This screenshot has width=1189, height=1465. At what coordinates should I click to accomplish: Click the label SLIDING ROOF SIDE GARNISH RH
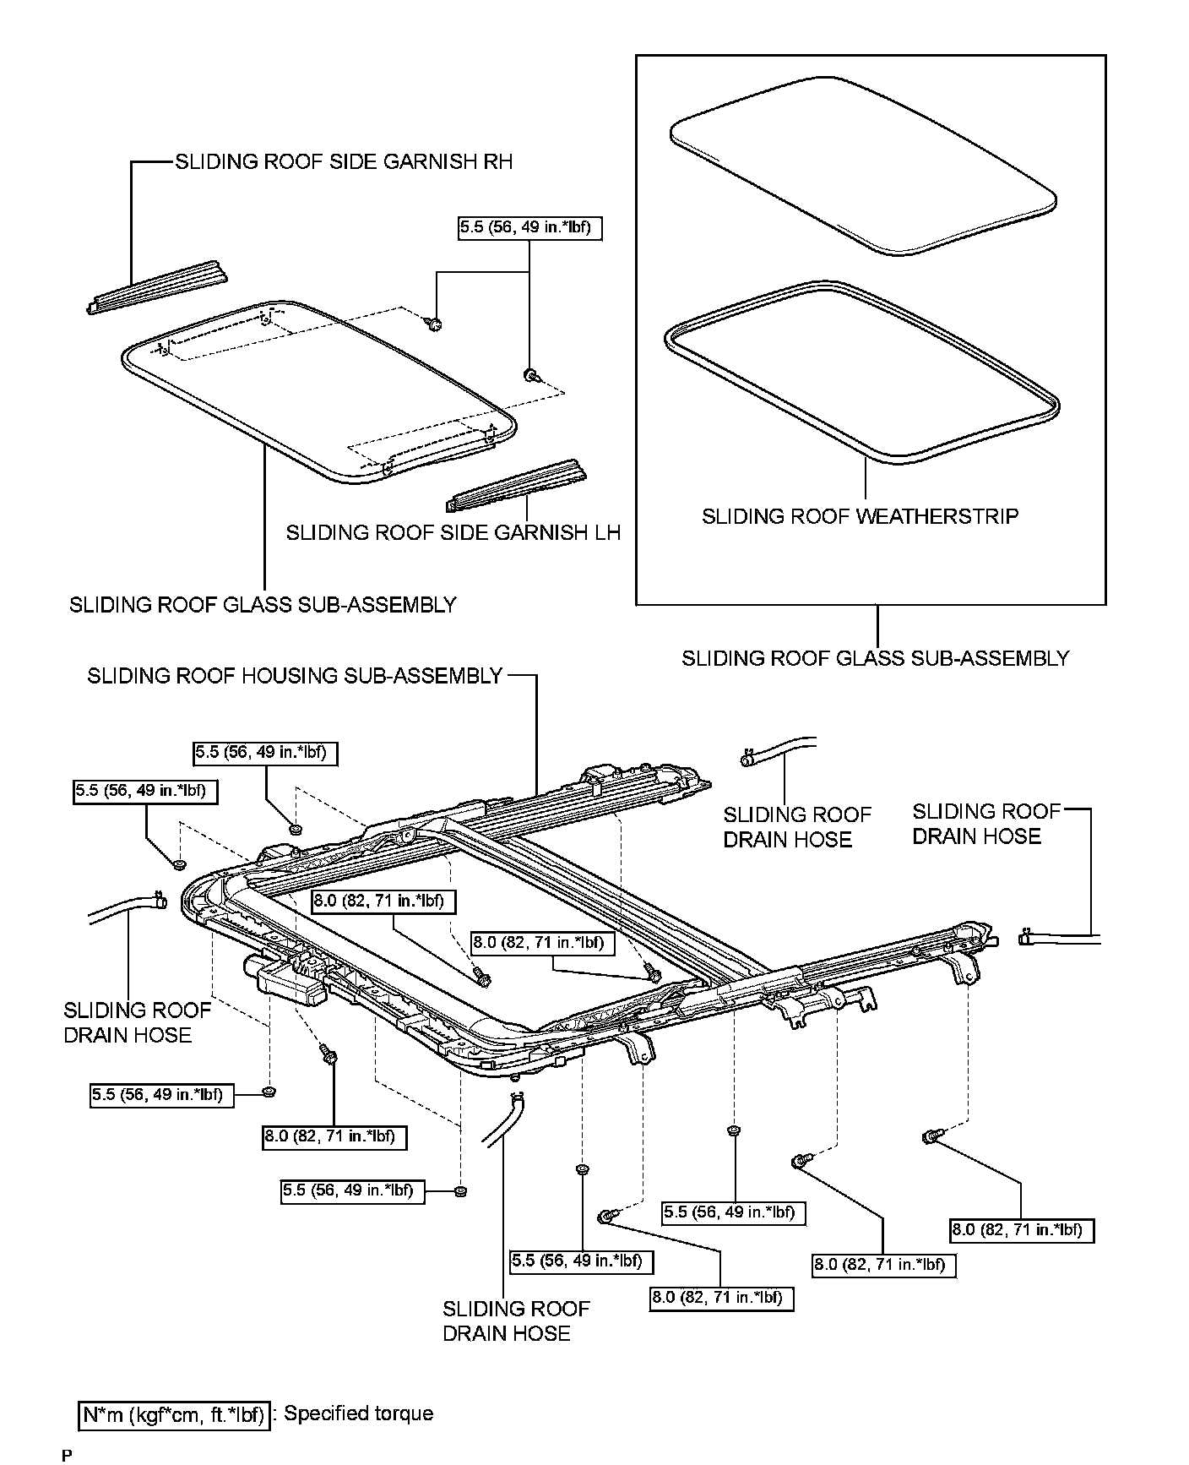[343, 161]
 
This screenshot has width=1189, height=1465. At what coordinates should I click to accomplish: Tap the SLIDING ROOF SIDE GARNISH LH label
[453, 532]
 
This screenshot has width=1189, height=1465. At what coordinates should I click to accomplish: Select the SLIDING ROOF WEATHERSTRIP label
[860, 516]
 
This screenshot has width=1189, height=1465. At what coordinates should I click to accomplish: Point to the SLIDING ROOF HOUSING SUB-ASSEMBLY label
[295, 676]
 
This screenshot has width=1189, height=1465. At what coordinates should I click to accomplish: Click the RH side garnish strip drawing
[159, 287]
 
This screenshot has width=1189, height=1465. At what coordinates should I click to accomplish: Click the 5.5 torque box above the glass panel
[530, 227]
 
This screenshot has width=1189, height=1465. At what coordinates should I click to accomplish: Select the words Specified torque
[358, 1413]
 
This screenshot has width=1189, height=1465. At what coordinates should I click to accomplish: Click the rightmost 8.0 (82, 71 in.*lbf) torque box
[1022, 1230]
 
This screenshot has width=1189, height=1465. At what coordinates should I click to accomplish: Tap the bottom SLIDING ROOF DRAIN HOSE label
[515, 1321]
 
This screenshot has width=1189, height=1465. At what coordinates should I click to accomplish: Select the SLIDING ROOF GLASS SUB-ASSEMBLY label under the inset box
[875, 658]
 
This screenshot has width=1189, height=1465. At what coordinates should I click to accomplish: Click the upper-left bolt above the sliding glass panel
[435, 324]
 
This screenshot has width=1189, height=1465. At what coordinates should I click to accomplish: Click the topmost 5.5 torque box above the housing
[265, 753]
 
